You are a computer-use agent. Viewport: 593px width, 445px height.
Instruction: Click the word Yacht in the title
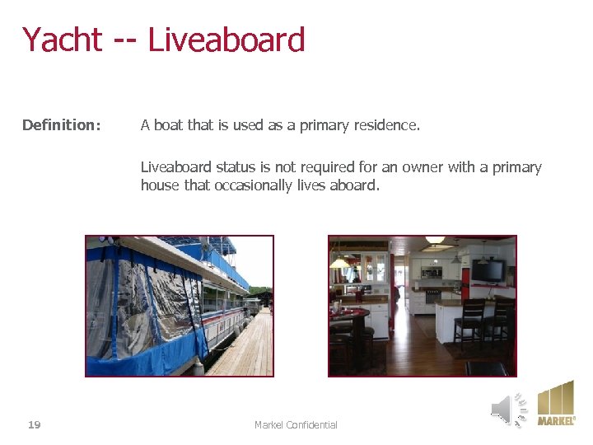point(62,40)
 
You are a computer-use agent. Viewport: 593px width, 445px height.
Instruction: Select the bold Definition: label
point(62,125)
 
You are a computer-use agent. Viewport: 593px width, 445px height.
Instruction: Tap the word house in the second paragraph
point(160,185)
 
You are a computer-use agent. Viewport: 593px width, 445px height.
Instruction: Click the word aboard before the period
point(352,185)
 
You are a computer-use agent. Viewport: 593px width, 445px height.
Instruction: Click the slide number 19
point(34,424)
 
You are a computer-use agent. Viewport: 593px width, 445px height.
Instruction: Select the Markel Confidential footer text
point(296,424)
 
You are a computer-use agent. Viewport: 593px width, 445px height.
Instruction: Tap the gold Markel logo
point(556,403)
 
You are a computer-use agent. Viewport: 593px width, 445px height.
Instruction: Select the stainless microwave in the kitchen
point(432,270)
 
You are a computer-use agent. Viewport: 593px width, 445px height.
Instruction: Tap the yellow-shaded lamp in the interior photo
point(339,263)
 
